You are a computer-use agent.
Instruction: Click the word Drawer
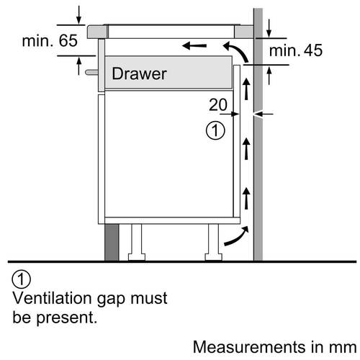[139, 73]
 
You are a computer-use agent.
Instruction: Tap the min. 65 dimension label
[50, 40]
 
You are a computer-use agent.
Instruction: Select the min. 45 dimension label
[296, 50]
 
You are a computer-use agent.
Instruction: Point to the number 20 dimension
[218, 104]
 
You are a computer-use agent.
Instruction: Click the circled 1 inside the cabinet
[215, 130]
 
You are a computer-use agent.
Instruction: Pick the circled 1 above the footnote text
[22, 279]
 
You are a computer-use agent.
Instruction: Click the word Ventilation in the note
[53, 298]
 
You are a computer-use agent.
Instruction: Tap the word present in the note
[66, 318]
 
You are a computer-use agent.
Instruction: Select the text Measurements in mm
[274, 347]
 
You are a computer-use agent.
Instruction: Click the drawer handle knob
[91, 72]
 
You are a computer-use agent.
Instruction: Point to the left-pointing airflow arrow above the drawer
[194, 45]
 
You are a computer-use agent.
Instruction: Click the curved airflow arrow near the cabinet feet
[236, 236]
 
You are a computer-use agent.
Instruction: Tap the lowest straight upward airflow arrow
[246, 198]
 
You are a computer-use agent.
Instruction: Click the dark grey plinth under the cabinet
[112, 243]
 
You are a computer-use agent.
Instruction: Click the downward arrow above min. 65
[78, 15]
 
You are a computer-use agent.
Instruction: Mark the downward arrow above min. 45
[269, 28]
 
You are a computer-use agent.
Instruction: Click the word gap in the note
[112, 300]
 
